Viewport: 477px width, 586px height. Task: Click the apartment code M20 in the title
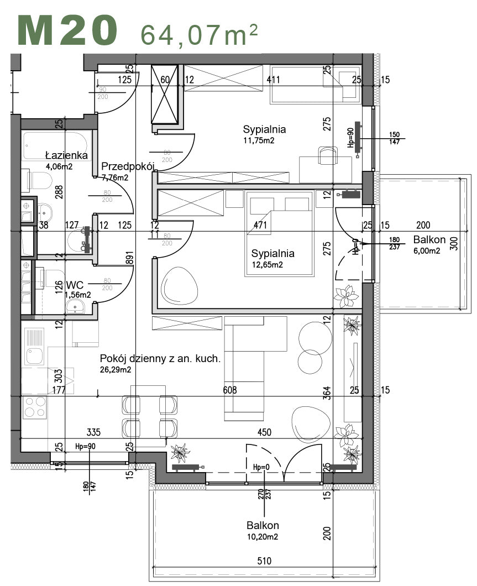click(x=67, y=30)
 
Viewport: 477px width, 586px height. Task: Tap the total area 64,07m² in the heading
click(x=199, y=34)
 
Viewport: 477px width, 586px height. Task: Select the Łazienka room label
click(x=66, y=155)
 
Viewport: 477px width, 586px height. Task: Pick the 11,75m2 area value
click(x=259, y=140)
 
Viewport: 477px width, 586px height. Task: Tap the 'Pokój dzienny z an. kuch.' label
click(x=160, y=358)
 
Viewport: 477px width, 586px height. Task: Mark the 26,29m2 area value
click(x=115, y=370)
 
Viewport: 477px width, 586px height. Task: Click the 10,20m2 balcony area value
click(x=263, y=536)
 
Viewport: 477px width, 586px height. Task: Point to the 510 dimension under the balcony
click(x=264, y=561)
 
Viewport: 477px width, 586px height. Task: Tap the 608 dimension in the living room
click(x=229, y=390)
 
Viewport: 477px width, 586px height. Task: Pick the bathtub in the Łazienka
click(x=56, y=145)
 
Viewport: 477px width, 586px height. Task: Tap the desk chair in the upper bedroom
click(x=328, y=154)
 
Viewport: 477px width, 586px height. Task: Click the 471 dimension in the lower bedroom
click(x=260, y=225)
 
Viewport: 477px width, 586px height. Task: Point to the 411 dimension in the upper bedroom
click(x=273, y=80)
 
